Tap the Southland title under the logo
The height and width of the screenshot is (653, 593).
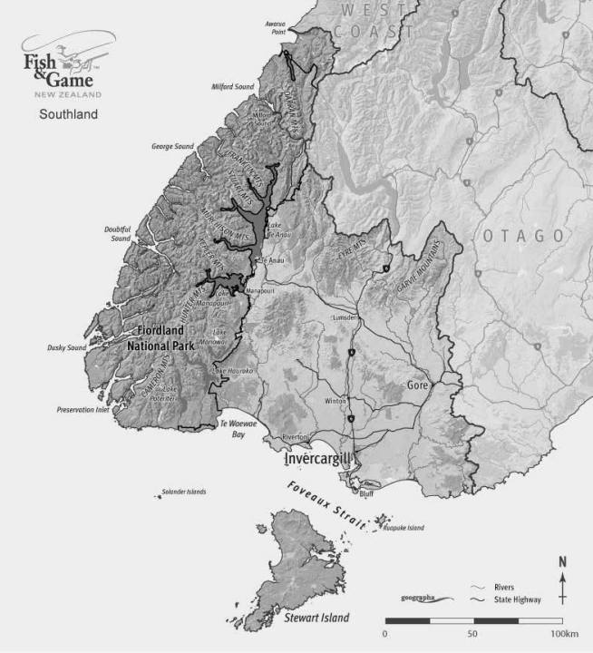(x=67, y=115)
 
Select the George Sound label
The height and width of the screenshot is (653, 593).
(x=172, y=145)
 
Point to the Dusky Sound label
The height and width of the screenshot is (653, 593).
(x=66, y=347)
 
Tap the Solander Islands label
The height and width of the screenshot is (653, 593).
(x=183, y=492)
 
